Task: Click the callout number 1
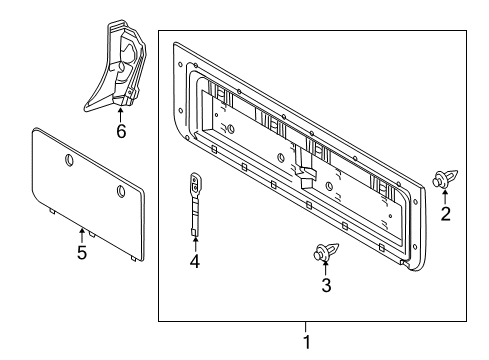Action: point(307,342)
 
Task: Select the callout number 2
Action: point(447,212)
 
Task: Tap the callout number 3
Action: point(324,284)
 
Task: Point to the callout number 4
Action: point(195,264)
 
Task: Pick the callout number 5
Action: point(82,252)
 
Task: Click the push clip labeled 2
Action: point(443,180)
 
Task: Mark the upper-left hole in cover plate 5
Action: point(68,160)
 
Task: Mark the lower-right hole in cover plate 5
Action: point(119,191)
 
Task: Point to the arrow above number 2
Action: point(447,196)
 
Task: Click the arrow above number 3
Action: point(324,267)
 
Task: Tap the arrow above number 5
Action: point(82,235)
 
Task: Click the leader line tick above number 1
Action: point(307,326)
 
